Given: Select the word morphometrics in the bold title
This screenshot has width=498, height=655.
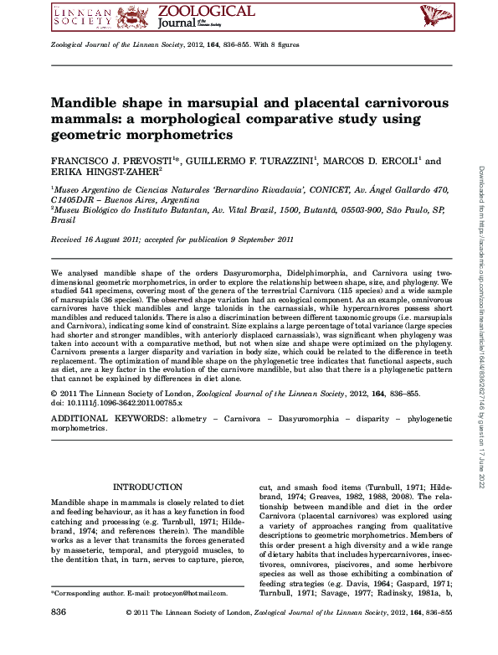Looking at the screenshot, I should pyautogui.click(x=185, y=134).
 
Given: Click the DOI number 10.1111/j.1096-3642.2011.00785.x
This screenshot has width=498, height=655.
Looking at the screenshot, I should pyautogui.click(x=132, y=401).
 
